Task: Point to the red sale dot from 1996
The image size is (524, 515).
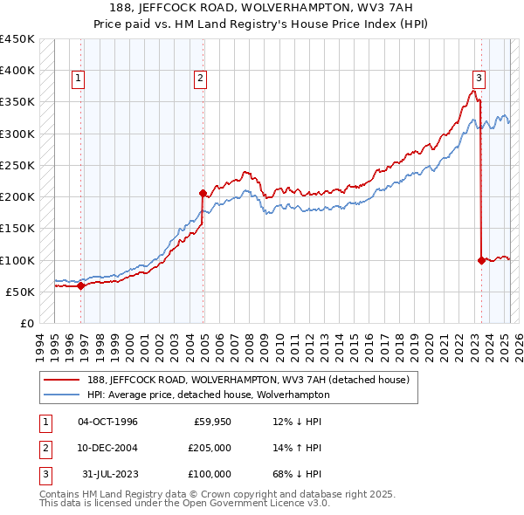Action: [81, 285]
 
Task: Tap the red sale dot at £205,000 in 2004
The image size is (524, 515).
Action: [203, 193]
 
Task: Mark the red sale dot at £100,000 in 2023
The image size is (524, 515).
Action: [481, 260]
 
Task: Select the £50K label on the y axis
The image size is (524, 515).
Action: [21, 292]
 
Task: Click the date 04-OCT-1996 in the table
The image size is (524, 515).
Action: [107, 422]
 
